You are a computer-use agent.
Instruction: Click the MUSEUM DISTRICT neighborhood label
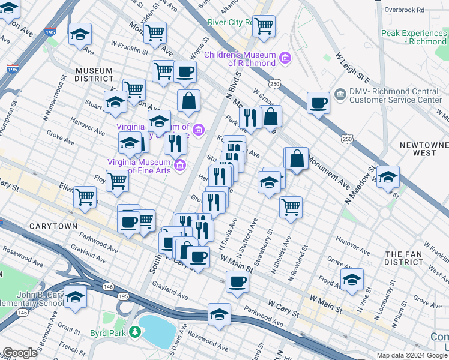click(x=94, y=75)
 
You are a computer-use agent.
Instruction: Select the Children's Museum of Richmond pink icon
click(x=285, y=58)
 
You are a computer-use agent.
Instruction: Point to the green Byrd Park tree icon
click(x=136, y=331)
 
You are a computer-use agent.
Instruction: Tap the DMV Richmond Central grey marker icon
click(x=340, y=94)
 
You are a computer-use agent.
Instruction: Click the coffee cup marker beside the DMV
click(x=318, y=103)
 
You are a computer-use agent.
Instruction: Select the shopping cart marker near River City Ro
click(x=263, y=26)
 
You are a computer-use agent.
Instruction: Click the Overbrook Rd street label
click(x=404, y=10)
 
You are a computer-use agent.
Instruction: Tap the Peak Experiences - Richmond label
click(x=414, y=37)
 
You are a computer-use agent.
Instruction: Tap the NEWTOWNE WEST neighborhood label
click(x=424, y=149)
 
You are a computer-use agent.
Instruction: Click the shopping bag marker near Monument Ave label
click(x=297, y=159)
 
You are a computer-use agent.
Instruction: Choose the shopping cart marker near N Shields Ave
click(x=291, y=207)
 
